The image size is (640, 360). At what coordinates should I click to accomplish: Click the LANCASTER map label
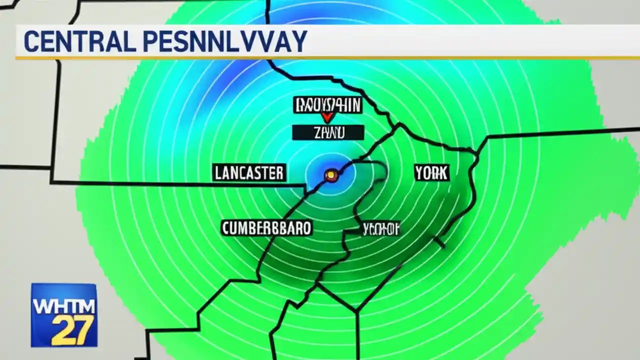point(249,173)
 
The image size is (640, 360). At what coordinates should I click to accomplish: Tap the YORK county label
point(431,173)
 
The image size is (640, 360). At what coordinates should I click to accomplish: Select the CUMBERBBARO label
point(266,228)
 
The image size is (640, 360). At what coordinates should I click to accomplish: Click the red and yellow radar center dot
point(331,175)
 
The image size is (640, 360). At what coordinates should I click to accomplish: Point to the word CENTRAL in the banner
point(79,41)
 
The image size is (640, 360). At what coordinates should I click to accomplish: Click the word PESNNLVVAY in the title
point(224,41)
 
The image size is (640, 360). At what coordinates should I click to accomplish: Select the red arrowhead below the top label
point(327,118)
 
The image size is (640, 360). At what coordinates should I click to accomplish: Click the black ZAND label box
point(328,132)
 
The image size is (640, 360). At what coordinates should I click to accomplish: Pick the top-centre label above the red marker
point(327,105)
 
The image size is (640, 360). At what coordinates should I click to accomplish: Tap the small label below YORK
point(381,229)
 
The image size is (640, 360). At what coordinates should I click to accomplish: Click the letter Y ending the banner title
point(299,41)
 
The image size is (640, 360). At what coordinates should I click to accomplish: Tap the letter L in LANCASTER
point(218,173)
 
